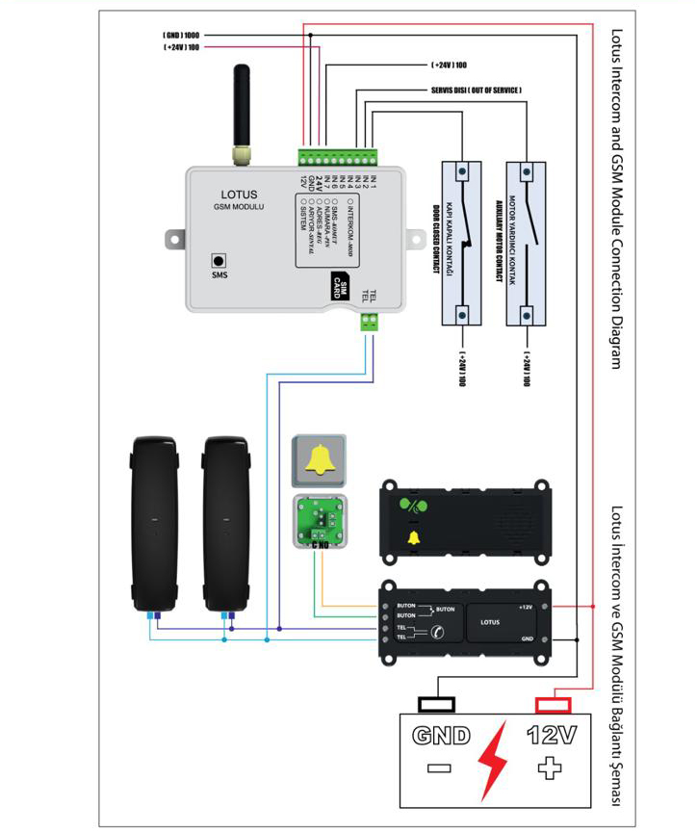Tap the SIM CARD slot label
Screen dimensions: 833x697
pos(339,286)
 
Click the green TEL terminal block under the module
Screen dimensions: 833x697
pos(369,322)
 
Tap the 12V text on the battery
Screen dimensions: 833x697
pos(551,737)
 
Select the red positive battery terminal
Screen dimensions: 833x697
pos(550,703)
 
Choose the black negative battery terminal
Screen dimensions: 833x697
pos(438,703)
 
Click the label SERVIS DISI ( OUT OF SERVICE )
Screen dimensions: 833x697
pos(476,91)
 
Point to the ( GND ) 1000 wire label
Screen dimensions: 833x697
pos(180,35)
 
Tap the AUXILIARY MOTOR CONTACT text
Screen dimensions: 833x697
pos(500,241)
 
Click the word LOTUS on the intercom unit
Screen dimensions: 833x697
pos(490,622)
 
